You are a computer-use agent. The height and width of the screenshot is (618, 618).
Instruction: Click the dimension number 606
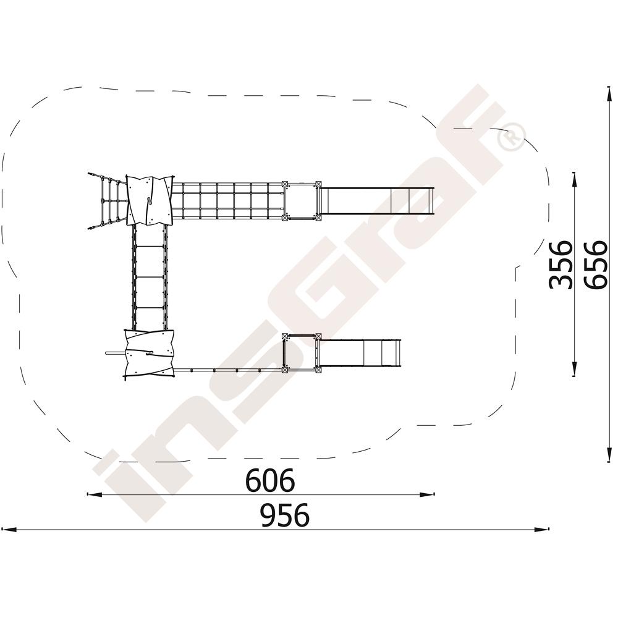coord(270,480)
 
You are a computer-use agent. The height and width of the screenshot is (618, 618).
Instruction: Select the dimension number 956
coord(285,515)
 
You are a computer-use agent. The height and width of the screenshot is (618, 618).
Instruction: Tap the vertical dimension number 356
coord(560,265)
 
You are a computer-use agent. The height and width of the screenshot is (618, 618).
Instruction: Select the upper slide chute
coord(376,201)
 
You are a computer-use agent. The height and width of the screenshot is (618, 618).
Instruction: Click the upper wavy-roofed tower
coord(150,200)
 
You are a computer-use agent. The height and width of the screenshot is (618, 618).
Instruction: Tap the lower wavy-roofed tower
coord(148,353)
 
